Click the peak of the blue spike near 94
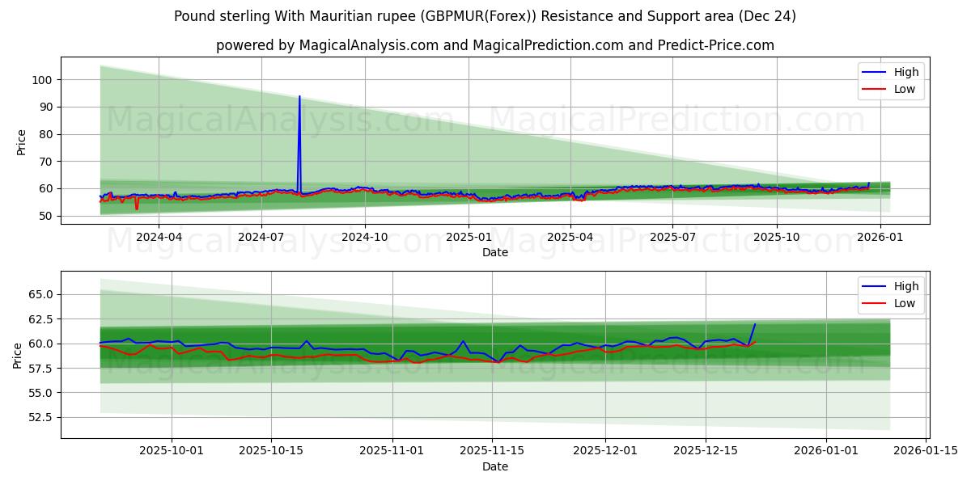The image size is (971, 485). point(299,96)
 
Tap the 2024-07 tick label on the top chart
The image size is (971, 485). point(261,237)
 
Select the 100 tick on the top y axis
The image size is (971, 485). point(42,80)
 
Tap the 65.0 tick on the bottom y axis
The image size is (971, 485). point(39,294)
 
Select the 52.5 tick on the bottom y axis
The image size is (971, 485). point(39,417)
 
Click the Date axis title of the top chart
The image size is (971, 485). point(495,252)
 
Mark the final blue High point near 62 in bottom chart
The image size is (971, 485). point(755,324)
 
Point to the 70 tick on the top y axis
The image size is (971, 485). point(45,162)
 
